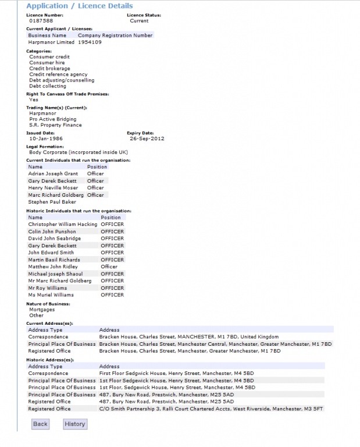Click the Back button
pyautogui.click(x=40, y=424)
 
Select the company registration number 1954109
pyautogui.click(x=90, y=42)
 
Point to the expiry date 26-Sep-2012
pyautogui.click(x=147, y=139)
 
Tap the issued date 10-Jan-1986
pyautogui.click(x=47, y=139)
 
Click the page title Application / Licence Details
pyautogui.click(x=80, y=6)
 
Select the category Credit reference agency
pyautogui.click(x=58, y=74)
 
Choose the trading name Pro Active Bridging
pyautogui.click(x=52, y=119)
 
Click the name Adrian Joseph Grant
pyautogui.click(x=53, y=173)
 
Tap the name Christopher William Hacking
pyautogui.click(x=63, y=224)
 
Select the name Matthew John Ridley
pyautogui.click(x=53, y=267)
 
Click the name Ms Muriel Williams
pyautogui.click(x=51, y=295)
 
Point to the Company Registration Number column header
pyautogui.click(x=115, y=36)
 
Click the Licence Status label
pyautogui.click(x=144, y=15)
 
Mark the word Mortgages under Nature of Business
pyautogui.click(x=42, y=310)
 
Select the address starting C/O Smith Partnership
pyautogui.click(x=212, y=409)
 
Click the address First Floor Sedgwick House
pyautogui.click(x=177, y=373)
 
